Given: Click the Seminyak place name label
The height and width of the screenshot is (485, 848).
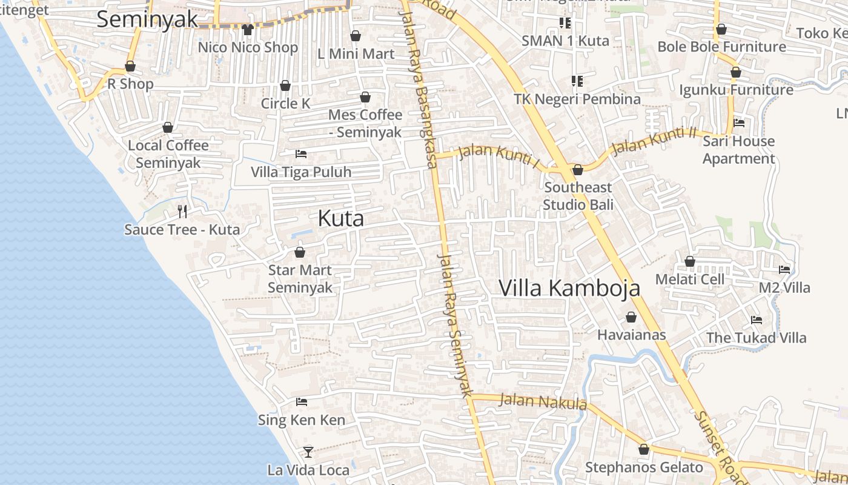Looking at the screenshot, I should (x=147, y=19).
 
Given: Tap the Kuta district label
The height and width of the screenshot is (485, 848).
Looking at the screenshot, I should (x=341, y=219).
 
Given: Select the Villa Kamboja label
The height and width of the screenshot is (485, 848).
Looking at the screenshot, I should (x=569, y=288).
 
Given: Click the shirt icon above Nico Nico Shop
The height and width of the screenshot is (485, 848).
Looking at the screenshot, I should (x=247, y=29).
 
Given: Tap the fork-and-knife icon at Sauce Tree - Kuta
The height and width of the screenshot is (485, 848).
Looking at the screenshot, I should (x=182, y=211).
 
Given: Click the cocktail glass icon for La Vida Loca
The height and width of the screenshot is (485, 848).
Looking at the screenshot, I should (x=308, y=452).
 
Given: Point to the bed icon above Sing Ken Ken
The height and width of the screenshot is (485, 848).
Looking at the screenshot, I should (x=302, y=402).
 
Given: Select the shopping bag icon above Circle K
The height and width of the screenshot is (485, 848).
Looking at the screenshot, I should (x=285, y=85).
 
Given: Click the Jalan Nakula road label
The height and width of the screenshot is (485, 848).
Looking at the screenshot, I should (x=543, y=401).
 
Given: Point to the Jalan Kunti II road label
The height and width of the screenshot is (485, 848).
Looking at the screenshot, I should (x=654, y=141).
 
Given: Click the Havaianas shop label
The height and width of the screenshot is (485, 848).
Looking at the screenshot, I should (x=631, y=335).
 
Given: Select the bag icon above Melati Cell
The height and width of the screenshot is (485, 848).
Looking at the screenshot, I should (x=689, y=261).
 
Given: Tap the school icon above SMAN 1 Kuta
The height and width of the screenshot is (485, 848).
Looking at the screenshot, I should (x=565, y=23).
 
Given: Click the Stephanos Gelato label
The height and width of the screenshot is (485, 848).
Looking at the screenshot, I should (x=644, y=467).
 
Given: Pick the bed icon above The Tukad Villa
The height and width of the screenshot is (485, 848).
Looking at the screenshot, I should (x=757, y=319).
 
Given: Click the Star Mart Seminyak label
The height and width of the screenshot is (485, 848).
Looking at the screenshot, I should (x=300, y=278).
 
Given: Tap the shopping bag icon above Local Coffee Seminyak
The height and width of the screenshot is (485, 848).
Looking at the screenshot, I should (x=168, y=127).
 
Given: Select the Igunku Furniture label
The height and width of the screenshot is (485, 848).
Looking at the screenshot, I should (x=736, y=90).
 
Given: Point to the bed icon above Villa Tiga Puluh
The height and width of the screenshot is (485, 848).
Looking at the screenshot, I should (x=301, y=154).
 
